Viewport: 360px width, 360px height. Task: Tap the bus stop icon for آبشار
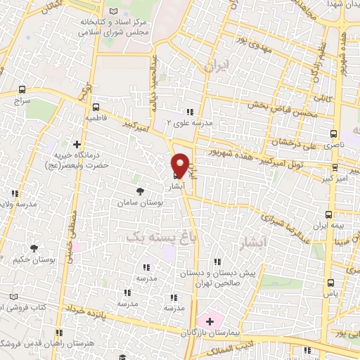tap(175, 176)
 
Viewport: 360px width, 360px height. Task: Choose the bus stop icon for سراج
tap(23, 90)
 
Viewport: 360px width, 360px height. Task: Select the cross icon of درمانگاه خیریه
tap(77, 144)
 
